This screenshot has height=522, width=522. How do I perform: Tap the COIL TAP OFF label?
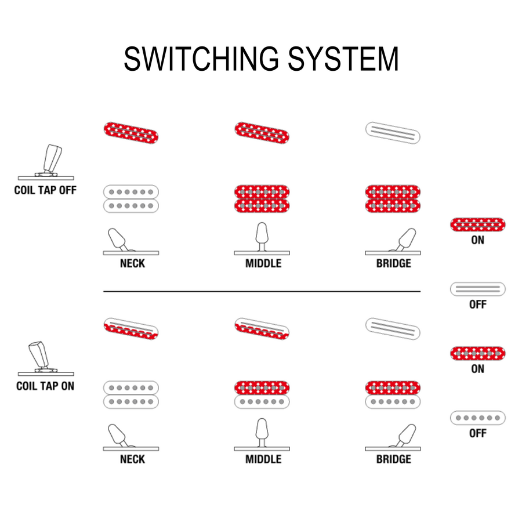45,190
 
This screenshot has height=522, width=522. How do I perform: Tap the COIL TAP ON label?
45,386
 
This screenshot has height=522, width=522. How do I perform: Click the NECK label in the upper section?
132,263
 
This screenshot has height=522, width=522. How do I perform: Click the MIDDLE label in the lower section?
263,459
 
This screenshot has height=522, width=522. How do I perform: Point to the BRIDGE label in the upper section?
393,263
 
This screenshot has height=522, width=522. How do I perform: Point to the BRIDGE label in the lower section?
393,459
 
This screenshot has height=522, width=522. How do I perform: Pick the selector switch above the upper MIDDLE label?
262,240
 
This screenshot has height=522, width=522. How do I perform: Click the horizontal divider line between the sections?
262,291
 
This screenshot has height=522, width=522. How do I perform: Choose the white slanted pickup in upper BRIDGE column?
393,133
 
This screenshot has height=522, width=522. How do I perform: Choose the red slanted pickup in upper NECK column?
131,133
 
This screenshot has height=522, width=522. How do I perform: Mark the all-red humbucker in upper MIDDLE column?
262,199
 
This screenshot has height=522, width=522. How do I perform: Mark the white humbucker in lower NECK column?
131,394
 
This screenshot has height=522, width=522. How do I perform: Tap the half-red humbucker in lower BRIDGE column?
393,394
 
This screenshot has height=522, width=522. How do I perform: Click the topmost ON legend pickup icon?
477,224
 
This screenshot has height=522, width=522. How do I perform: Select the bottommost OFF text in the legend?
477,433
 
